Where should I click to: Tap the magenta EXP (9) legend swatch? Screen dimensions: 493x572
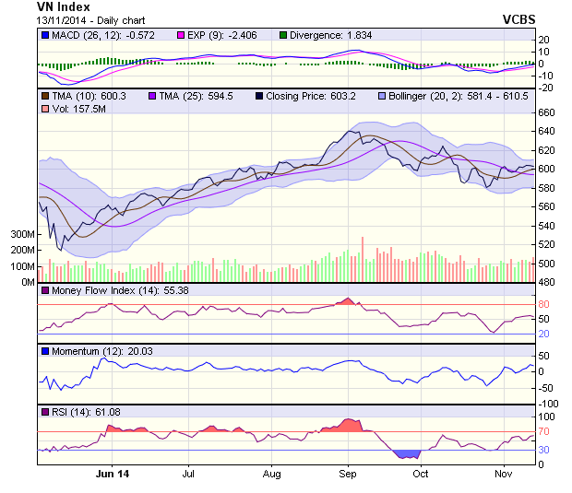click(x=181, y=35)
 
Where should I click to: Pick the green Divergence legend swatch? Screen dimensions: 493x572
click(x=284, y=35)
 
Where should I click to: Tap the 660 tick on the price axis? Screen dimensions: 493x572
click(x=546, y=112)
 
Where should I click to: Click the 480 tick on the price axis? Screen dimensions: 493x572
click(x=546, y=282)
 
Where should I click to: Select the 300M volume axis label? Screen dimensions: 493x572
click(x=21, y=234)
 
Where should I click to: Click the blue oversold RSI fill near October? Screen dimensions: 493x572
click(x=406, y=453)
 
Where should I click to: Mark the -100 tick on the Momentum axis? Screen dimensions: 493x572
click(x=549, y=404)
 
